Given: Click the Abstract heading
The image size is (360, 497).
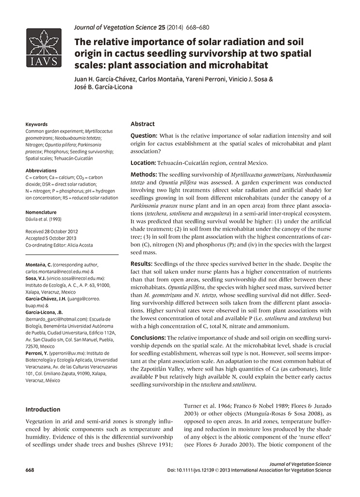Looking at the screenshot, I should click(143, 124).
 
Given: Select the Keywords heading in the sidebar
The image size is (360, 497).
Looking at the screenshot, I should click(36, 125).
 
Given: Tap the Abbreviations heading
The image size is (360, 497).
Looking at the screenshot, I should click(41, 171).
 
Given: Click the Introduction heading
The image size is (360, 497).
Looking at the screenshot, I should click(43, 410).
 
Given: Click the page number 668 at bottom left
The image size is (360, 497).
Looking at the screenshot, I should click(31, 470).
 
